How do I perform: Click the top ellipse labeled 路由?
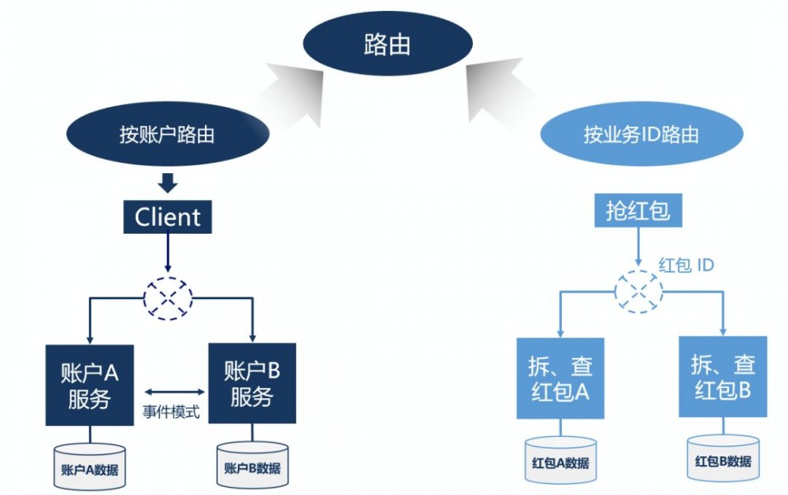point(386,44)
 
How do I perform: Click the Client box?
point(168,216)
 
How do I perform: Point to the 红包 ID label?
point(686,265)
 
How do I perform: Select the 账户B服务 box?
point(251,383)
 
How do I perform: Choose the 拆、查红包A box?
point(559,378)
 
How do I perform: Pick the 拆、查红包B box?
point(723,378)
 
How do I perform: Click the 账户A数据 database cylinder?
point(90,465)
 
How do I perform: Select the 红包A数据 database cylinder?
point(560,459)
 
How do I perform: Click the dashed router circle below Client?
point(168,298)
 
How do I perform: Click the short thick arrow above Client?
point(168,183)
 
